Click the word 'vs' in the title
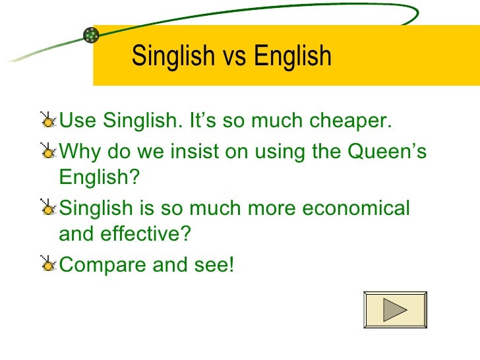(232, 57)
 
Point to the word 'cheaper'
(353, 121)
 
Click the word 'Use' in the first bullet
(76, 121)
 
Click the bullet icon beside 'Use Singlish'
(49, 121)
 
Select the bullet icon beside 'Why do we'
(49, 152)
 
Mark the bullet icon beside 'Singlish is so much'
(49, 208)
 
